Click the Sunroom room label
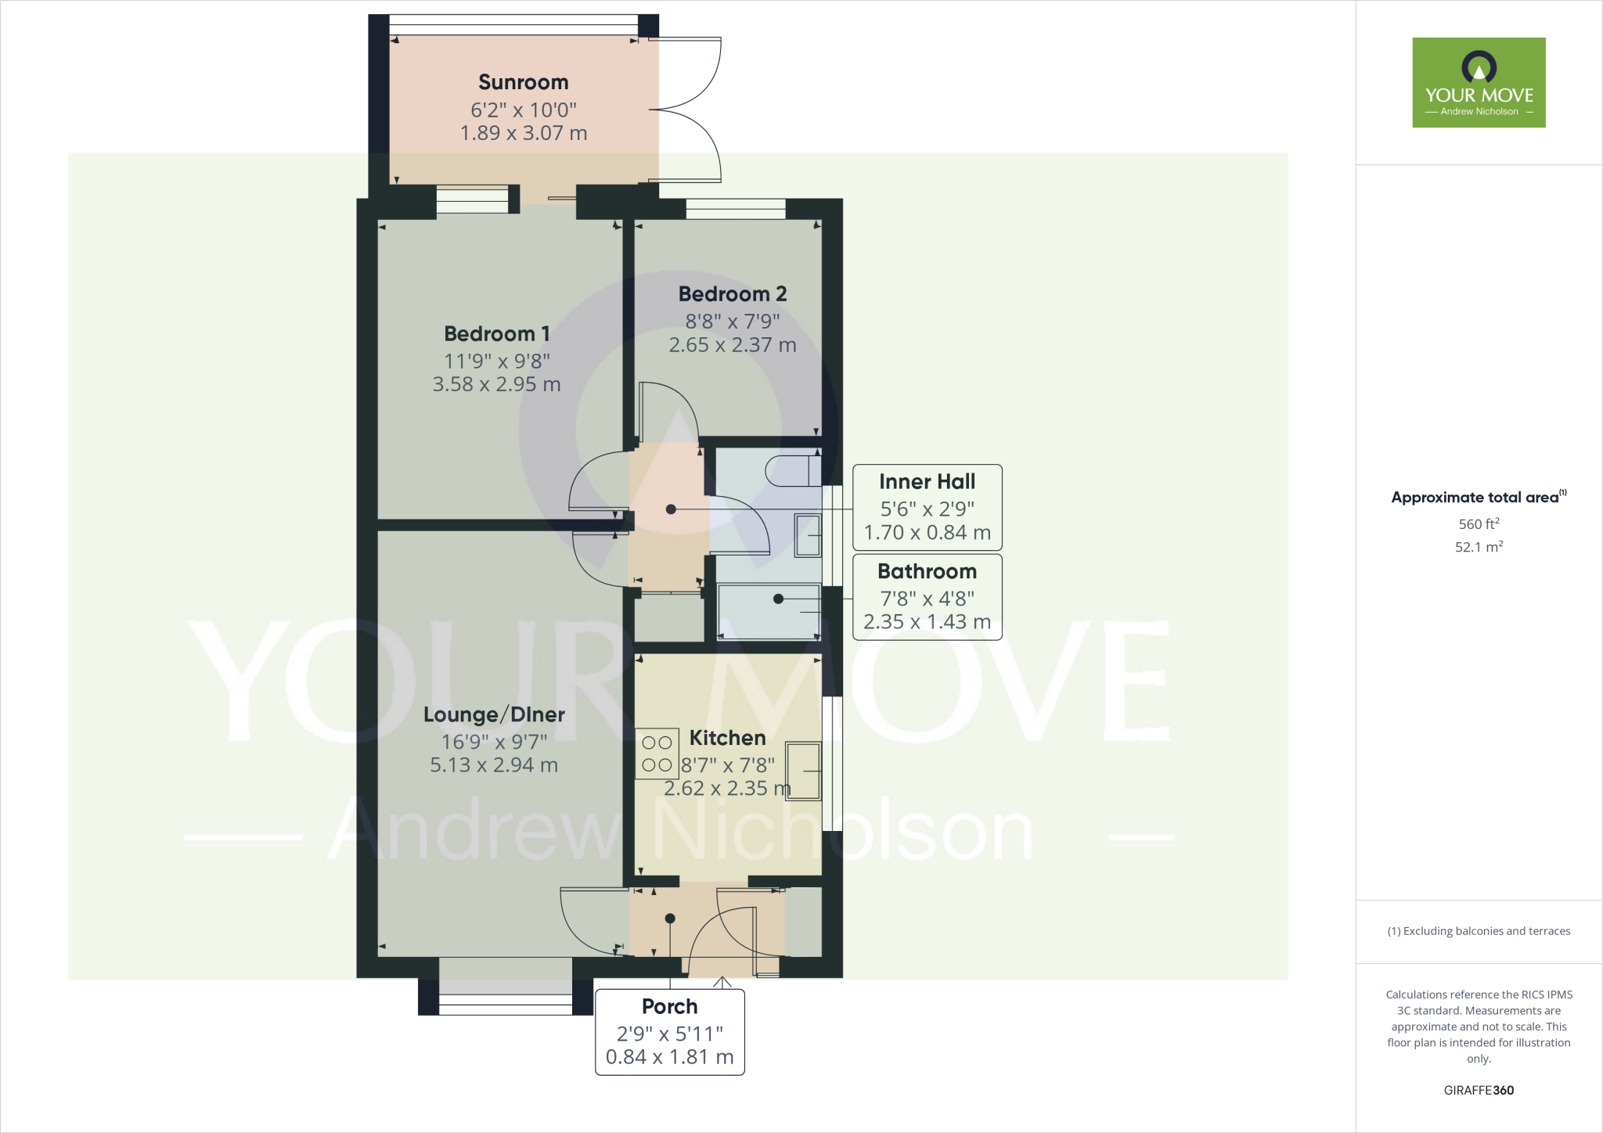523,82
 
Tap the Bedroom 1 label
496,334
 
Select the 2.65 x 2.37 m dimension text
732,345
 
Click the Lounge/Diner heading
494,714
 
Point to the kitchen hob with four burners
657,754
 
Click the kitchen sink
803,771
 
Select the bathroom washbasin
808,535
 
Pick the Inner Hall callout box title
927,482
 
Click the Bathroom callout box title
927,572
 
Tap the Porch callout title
669,1006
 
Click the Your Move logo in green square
1479,82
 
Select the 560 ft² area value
1479,524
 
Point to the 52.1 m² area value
1479,547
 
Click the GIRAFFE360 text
1479,1090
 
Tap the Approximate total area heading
1477,498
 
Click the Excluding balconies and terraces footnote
1479,931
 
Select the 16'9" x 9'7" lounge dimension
494,742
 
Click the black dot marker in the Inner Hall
671,509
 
